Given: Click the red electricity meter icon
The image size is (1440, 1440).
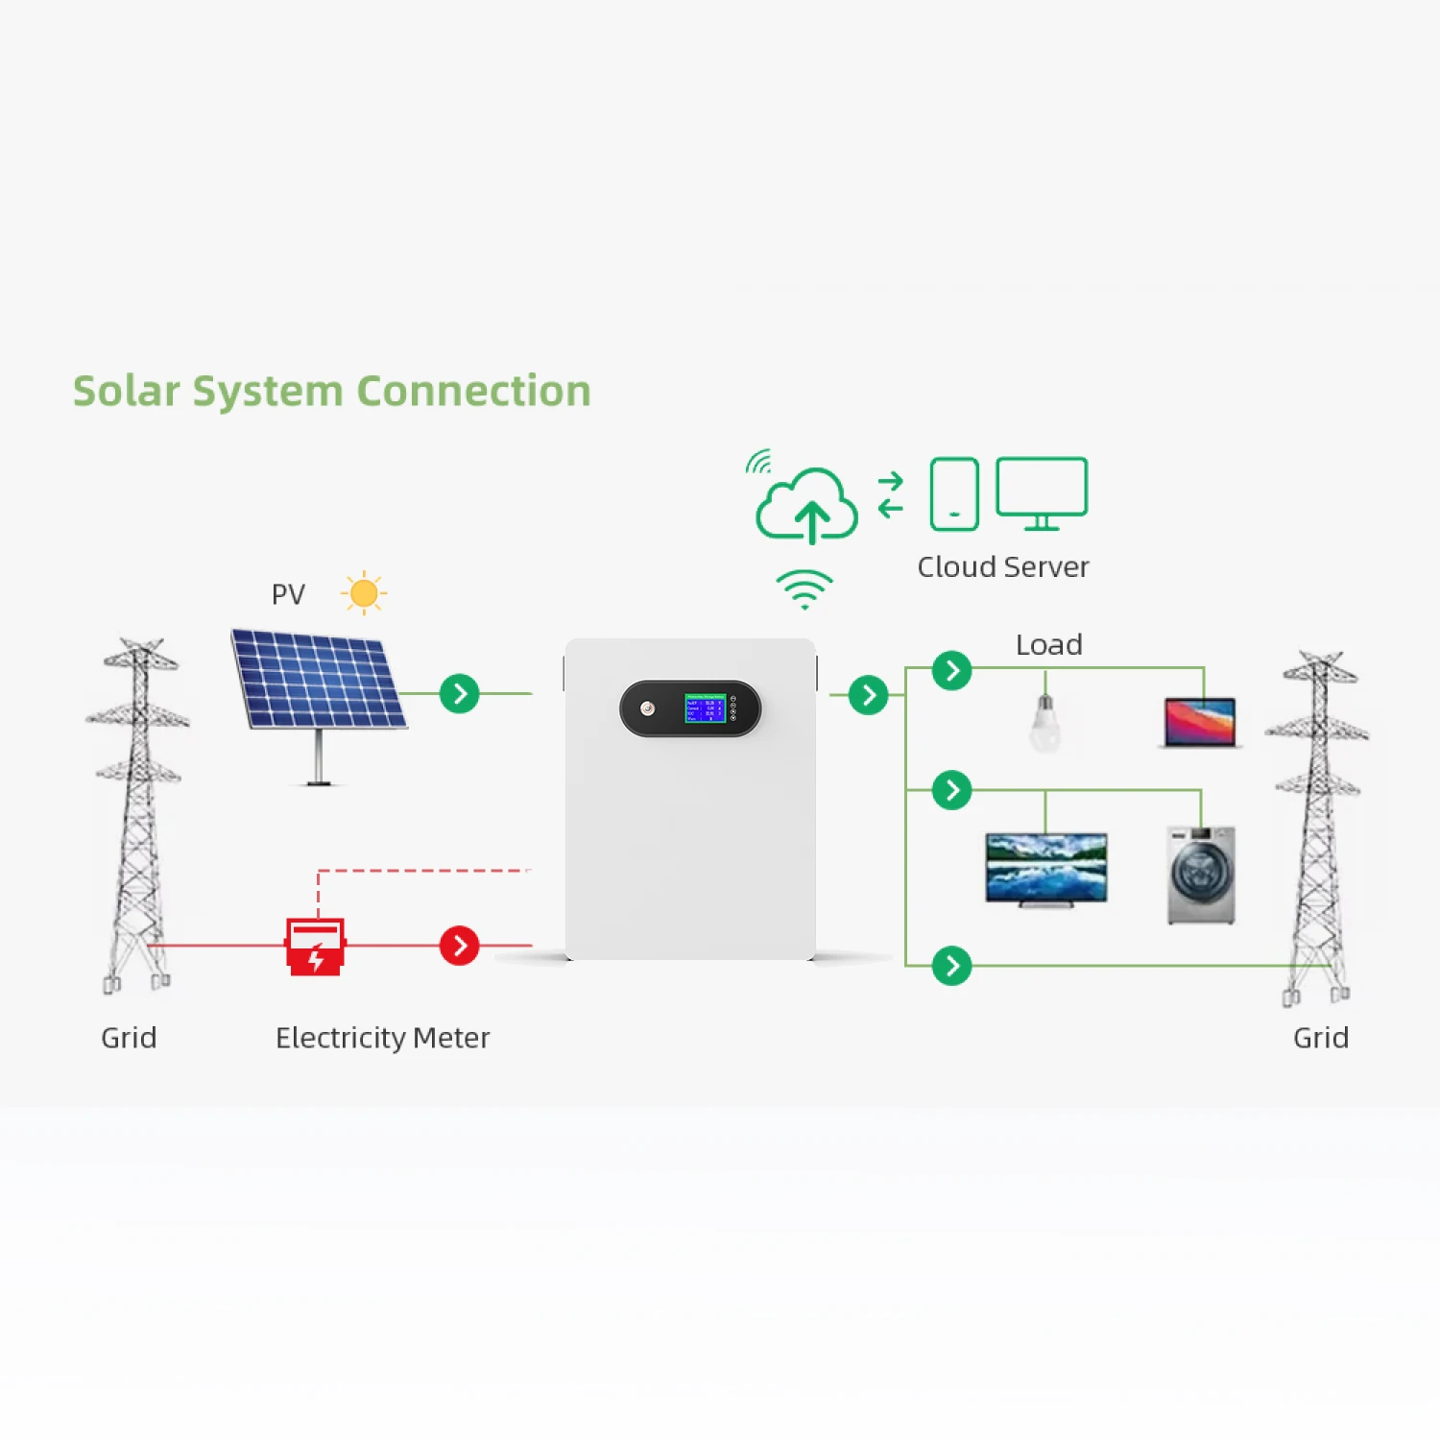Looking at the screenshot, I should click(315, 947).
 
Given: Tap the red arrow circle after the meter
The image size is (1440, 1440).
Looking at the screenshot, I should click(460, 946).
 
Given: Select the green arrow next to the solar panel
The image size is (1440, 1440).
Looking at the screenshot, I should click(460, 693).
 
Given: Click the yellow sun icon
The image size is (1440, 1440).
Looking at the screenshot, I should click(364, 593).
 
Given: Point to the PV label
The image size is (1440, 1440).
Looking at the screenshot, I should click(288, 595).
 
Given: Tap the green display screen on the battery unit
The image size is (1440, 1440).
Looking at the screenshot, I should click(705, 708).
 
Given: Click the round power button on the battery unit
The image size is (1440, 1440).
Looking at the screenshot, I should click(648, 708).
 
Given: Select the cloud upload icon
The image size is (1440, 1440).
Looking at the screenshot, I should click(806, 506).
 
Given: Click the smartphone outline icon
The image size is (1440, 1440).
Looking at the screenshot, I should click(954, 493).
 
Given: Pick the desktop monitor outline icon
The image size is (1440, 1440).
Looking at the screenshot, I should click(1042, 492).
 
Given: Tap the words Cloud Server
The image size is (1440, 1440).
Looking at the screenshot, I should click(1003, 567).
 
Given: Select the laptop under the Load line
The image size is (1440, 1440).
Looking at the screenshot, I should click(1200, 722).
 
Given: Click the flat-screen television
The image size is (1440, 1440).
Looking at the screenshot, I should click(1046, 868).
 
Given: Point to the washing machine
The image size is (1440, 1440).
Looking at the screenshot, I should click(1201, 875).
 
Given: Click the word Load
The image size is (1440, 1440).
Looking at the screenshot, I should click(1049, 645).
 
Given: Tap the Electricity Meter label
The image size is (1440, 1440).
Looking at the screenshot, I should click(382, 1038).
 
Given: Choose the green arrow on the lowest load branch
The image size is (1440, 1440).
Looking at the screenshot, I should click(952, 966).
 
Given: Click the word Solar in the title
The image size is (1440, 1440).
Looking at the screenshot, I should click(127, 392).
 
